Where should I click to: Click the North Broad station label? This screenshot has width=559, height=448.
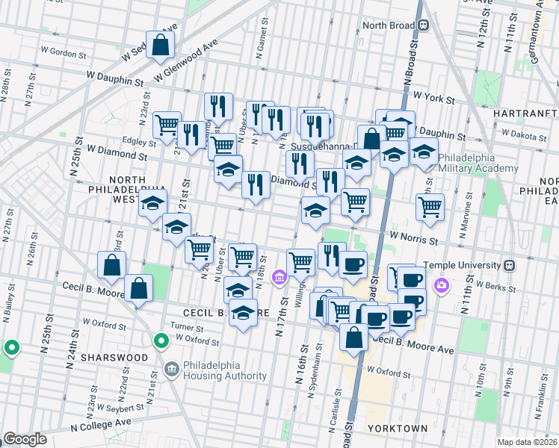(389, 24)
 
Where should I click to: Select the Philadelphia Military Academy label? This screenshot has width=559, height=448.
(478, 163)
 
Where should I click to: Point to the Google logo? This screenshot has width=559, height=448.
(25, 439)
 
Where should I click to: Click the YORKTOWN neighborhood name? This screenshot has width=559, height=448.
(397, 429)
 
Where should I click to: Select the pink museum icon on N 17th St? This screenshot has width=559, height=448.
(279, 279)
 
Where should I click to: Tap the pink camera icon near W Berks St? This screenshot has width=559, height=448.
(442, 285)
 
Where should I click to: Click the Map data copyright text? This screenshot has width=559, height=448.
(527, 442)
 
